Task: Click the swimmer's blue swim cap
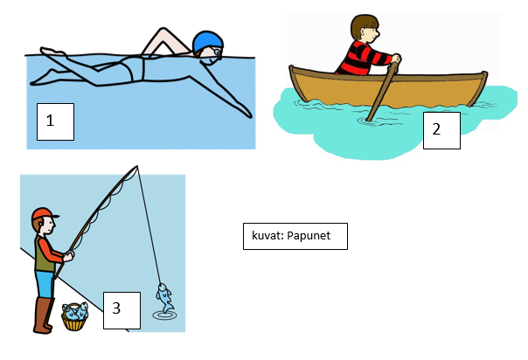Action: [207, 42]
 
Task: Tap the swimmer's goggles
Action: [217, 52]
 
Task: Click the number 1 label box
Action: [55, 121]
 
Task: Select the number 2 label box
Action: [441, 130]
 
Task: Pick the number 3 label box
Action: [122, 310]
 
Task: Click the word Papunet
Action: [309, 236]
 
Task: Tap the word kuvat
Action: [267, 236]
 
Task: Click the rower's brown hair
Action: [363, 24]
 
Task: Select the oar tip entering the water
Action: [370, 119]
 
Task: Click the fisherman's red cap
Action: [45, 214]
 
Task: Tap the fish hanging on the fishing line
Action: [164, 298]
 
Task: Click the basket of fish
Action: [75, 316]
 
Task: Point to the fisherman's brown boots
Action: [44, 315]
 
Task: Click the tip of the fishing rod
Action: [137, 166]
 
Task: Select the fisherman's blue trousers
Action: [45, 285]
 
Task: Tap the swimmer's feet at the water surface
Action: [52, 52]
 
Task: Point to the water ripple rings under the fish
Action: [164, 316]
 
